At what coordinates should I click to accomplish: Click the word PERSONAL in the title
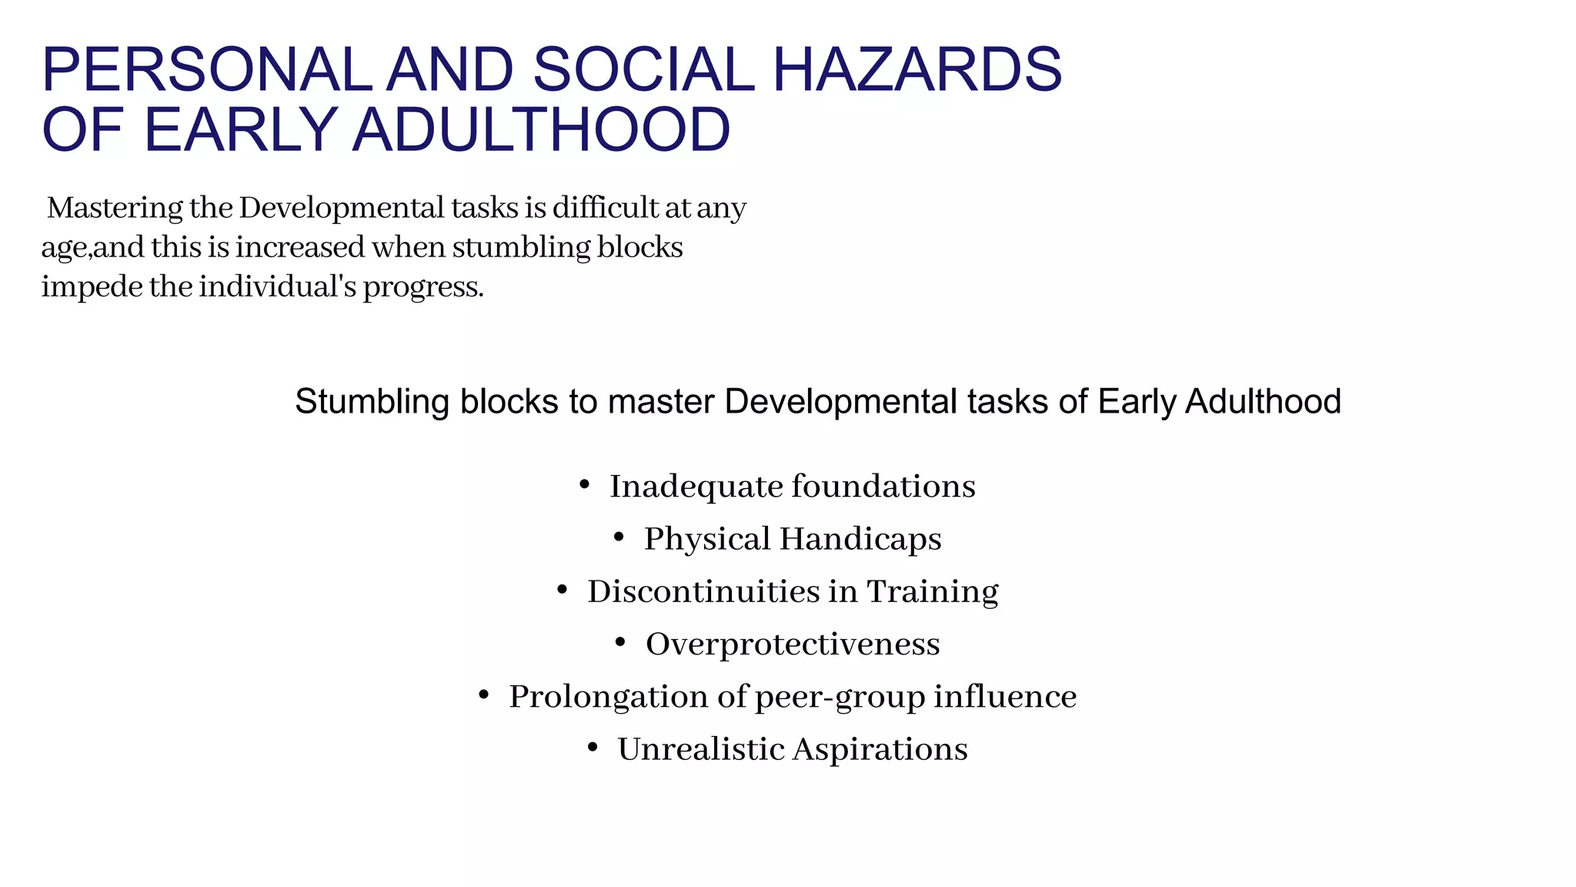click(x=206, y=70)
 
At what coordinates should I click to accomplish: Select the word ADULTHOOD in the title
click(x=541, y=129)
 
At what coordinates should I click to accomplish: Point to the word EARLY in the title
click(x=240, y=129)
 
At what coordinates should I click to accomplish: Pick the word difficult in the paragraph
click(x=599, y=208)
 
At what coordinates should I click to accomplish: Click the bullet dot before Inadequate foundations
click(x=584, y=485)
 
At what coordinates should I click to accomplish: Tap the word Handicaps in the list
click(x=860, y=539)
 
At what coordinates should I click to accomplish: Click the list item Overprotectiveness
click(x=793, y=644)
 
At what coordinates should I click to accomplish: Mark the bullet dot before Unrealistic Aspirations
click(x=592, y=748)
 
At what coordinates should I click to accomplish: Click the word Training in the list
click(x=933, y=592)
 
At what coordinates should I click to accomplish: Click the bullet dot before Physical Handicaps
click(x=619, y=537)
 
